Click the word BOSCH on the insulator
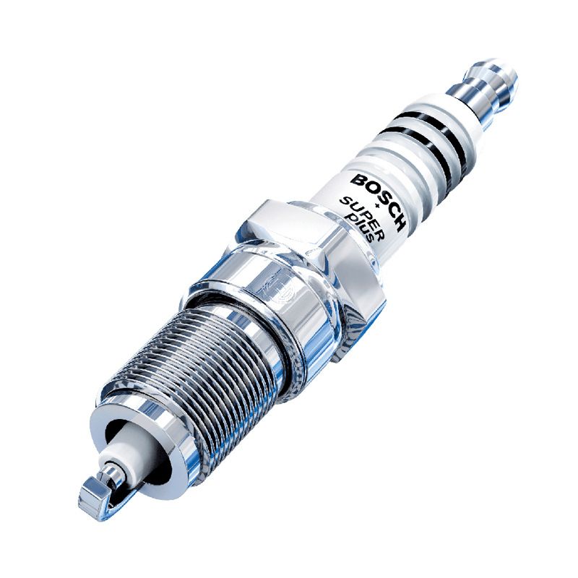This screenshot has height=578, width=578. point(379,202)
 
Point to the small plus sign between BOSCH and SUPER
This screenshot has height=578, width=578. point(376,205)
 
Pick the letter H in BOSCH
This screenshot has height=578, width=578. point(400,225)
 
